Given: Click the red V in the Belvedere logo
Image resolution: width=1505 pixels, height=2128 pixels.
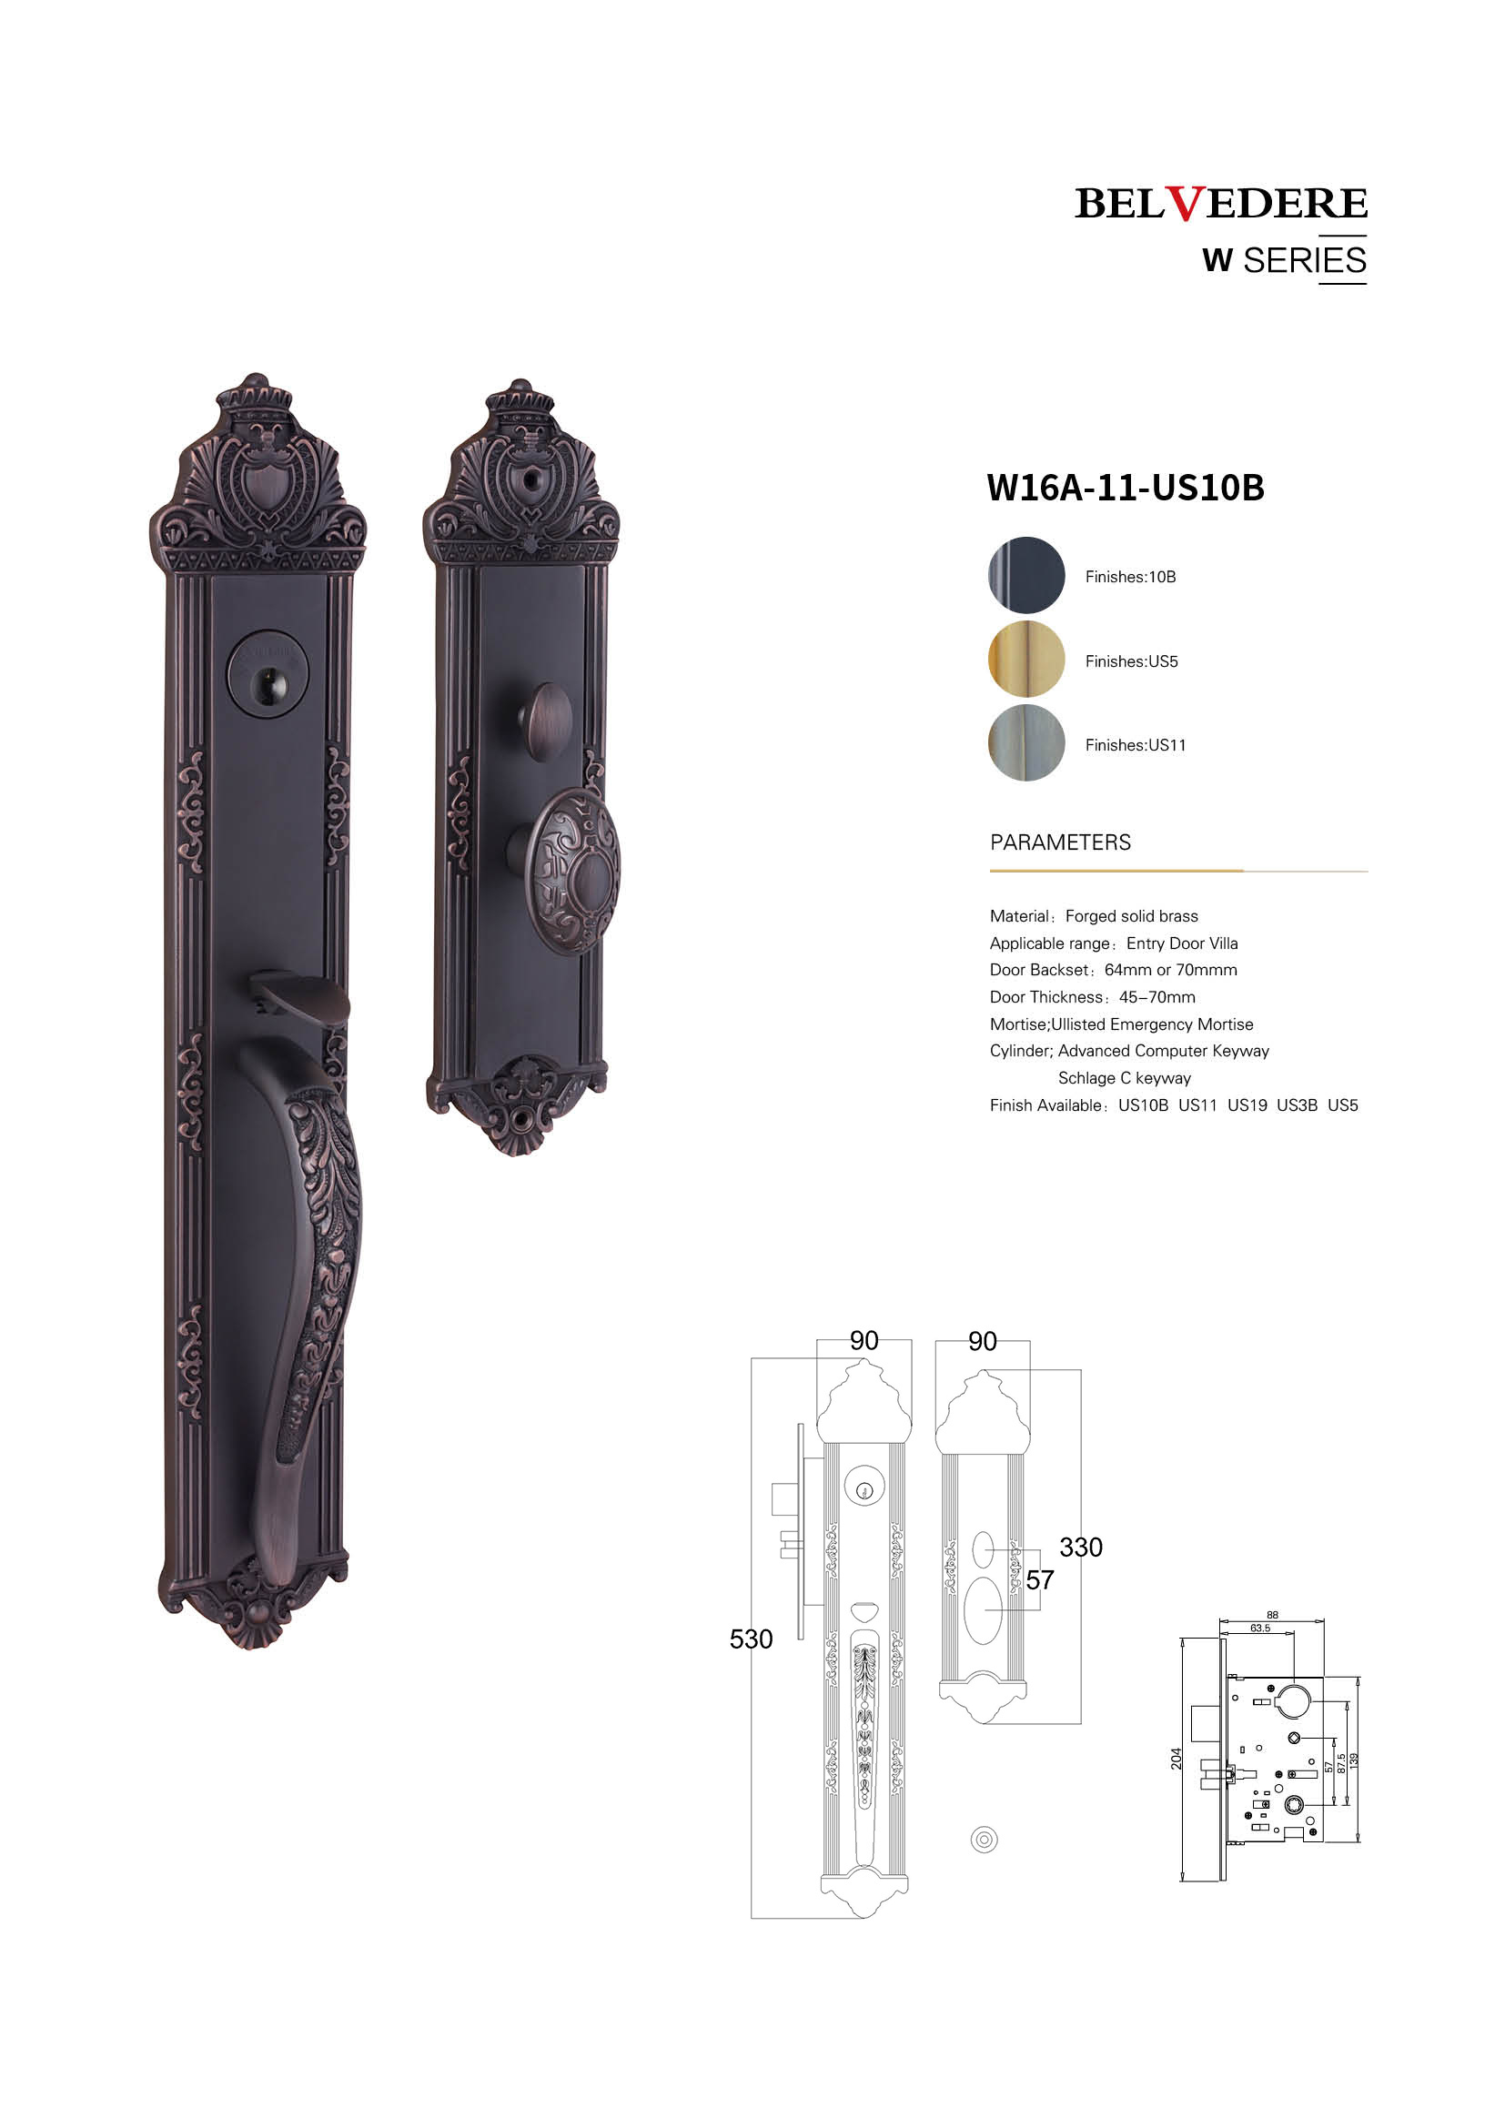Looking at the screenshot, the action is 1186,203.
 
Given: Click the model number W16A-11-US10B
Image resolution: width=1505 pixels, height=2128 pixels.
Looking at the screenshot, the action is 1125,488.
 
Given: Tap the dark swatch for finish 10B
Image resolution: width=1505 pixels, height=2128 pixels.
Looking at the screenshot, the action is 1025,575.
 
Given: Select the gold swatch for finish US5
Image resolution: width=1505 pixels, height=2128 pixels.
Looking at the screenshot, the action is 1025,659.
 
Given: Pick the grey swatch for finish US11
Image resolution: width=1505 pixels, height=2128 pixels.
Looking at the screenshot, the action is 1025,742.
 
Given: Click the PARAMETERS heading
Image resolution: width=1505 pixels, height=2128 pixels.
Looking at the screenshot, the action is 1060,842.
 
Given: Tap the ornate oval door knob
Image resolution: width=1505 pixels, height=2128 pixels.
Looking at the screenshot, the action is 571,872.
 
